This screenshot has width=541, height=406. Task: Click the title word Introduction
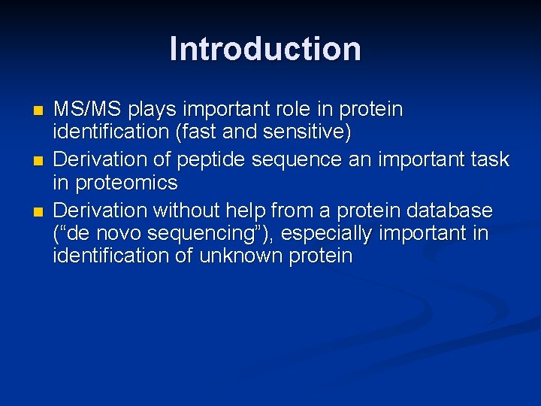(265, 49)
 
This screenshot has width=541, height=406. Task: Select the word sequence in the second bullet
(286, 159)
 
